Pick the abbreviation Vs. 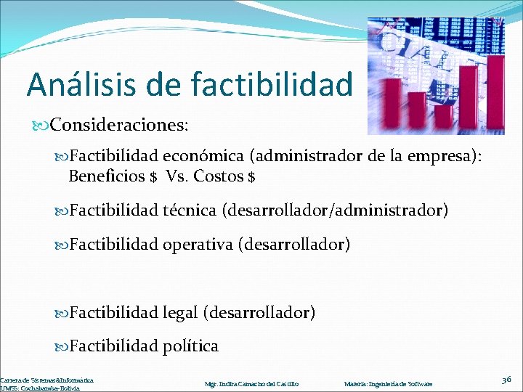click(x=176, y=176)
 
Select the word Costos click(x=219, y=176)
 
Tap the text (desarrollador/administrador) click(x=335, y=211)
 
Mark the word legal click(x=179, y=312)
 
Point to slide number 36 click(x=506, y=380)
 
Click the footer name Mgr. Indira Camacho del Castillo click(x=252, y=383)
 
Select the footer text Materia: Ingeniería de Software click(x=388, y=383)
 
